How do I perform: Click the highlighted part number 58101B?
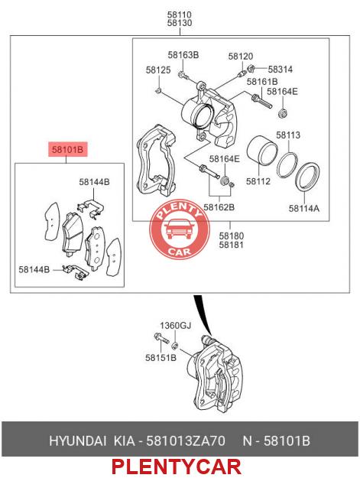tap(67, 149)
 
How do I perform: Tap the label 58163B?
tap(183, 55)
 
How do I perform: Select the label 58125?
tap(158, 70)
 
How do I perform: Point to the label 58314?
tap(281, 70)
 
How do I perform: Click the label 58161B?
tap(262, 82)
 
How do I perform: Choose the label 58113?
tap(288, 135)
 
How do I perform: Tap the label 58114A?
tap(304, 208)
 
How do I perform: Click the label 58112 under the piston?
tap(258, 181)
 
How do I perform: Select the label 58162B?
tap(219, 207)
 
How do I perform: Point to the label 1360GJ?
tap(176, 326)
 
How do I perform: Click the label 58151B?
tap(161, 358)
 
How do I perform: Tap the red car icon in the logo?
tap(179, 229)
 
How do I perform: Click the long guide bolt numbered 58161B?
tap(261, 102)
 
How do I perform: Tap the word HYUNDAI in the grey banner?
tap(78, 441)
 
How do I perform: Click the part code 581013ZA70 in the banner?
tap(186, 441)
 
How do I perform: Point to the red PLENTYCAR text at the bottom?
tap(177, 467)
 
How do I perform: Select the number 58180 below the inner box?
tap(232, 236)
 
